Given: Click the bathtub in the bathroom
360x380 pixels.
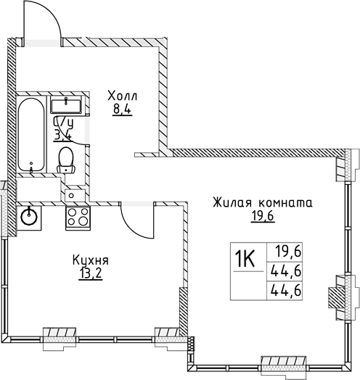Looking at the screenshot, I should [x=32, y=133].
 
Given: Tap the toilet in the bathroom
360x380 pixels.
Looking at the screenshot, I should [x=67, y=158].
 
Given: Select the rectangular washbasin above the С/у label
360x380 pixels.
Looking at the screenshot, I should [x=67, y=105].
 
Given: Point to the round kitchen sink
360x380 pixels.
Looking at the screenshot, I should [x=30, y=215].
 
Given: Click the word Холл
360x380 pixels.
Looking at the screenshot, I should [x=121, y=96].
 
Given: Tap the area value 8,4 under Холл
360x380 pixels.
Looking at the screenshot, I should [x=121, y=111].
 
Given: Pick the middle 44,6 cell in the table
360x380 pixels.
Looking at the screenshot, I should [x=289, y=271].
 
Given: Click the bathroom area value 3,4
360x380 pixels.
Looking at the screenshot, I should [x=62, y=133].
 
